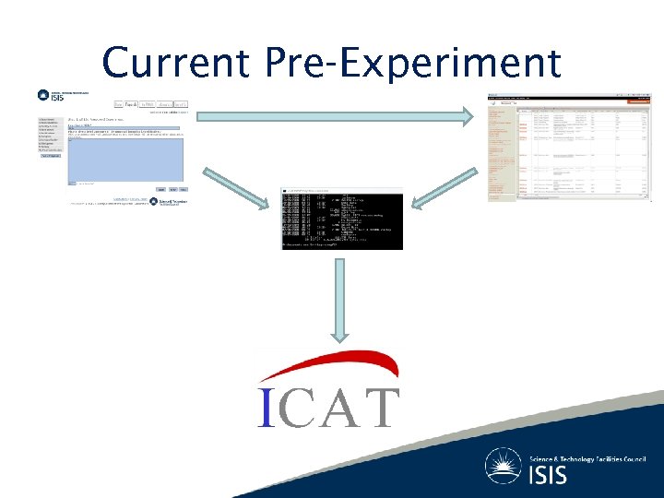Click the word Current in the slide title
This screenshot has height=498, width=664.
[175, 63]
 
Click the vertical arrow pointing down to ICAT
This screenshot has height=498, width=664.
[340, 300]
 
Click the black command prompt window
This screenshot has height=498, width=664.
[341, 221]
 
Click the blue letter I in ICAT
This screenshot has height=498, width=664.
[266, 408]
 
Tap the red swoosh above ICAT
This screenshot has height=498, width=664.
[327, 364]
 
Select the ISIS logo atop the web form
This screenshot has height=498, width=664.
[51, 95]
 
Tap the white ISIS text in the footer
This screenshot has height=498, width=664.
[549, 476]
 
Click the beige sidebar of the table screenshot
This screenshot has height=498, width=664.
[501, 157]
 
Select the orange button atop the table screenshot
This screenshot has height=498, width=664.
[505, 103]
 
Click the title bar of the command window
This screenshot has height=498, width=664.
[341, 190]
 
